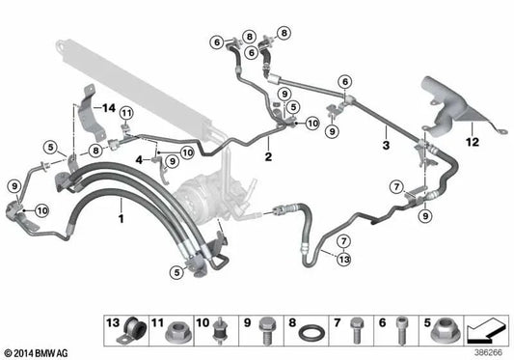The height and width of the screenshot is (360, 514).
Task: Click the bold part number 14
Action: [109, 108]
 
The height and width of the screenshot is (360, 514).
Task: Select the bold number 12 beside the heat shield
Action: [473, 142]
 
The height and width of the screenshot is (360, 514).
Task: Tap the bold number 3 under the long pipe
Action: [386, 145]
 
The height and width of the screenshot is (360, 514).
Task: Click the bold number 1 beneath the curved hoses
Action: [121, 218]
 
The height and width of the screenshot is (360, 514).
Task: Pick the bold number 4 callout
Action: [139, 160]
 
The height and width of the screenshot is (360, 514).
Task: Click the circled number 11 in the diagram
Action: [126, 114]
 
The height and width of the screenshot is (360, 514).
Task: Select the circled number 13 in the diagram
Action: [344, 260]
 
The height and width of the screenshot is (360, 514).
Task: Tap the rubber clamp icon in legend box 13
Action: [131, 331]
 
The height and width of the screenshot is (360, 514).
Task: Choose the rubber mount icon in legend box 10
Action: [219, 331]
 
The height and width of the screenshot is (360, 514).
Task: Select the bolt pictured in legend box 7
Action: [356, 330]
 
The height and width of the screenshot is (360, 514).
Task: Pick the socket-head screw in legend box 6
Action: [401, 330]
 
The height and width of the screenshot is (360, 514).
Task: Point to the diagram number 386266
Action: [488, 353]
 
